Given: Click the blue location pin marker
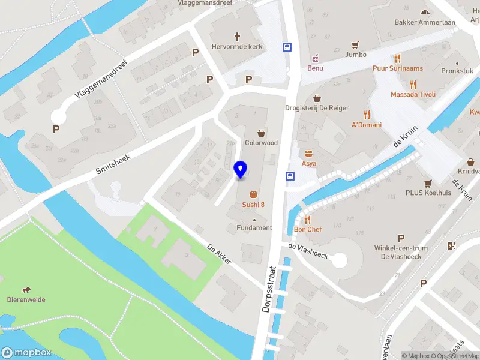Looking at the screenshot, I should coord(240,170).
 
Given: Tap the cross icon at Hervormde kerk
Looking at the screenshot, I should coord(237,36).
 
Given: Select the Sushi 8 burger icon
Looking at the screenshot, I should coord(253,194).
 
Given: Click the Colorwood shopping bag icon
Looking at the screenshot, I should coord(261,133).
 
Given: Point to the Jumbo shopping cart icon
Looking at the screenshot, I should coord(356,44).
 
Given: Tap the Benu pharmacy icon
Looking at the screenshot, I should coord(315,58).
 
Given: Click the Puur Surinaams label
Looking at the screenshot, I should coord(397,68).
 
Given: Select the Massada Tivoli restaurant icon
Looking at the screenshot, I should coord(413,85).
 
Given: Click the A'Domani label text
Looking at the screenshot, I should coord(366,125).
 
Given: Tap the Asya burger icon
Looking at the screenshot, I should coord(309,153).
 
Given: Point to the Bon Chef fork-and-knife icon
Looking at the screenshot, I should coord(308,220).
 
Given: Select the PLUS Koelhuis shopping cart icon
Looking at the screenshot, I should coord(428,184).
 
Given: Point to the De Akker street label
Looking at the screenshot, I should coord(219,253).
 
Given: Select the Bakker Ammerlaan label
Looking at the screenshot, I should coord(425,22).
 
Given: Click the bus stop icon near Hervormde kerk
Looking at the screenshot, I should coord(287,47).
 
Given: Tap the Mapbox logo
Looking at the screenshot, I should coord(26,353).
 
